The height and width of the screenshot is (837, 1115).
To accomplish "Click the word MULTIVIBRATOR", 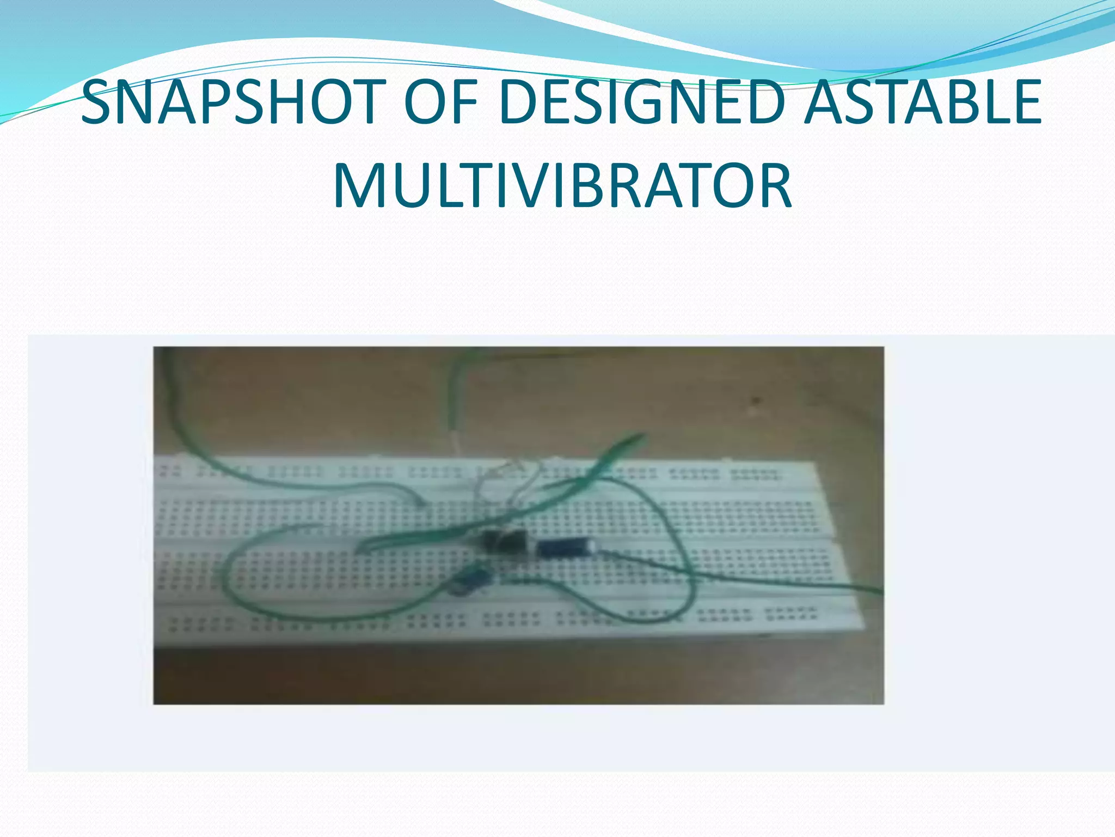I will [x=562, y=187].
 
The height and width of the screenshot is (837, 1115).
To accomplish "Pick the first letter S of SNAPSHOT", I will [x=98, y=102].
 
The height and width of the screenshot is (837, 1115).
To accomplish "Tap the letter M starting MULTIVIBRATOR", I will [x=359, y=187].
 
